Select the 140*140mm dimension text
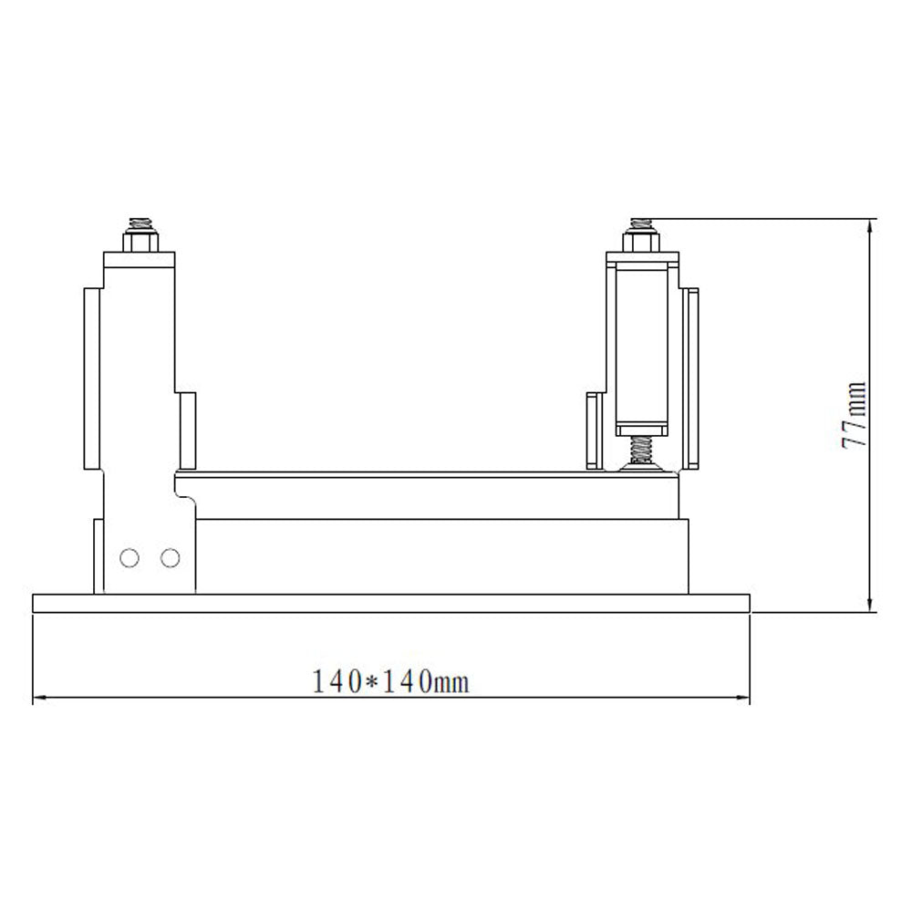(x=390, y=681)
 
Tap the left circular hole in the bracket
(x=130, y=557)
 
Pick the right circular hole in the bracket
(x=170, y=557)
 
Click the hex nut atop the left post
(x=139, y=242)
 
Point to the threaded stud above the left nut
(x=139, y=223)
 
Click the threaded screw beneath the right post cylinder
(x=642, y=449)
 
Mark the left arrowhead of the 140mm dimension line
(x=38, y=700)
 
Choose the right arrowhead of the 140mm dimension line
(x=743, y=700)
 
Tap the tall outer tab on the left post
(x=94, y=378)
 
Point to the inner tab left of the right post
(x=594, y=430)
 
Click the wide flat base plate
(x=390, y=604)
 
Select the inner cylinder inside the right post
(x=643, y=347)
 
